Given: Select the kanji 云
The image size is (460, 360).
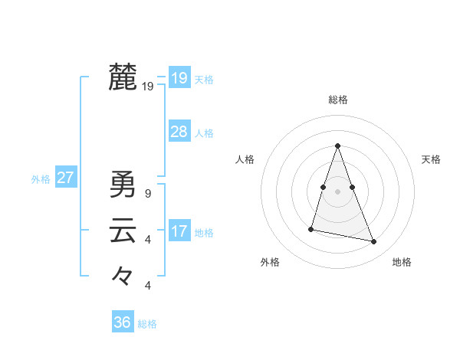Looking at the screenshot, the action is point(123,231).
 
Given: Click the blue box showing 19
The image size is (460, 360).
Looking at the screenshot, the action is point(179,78).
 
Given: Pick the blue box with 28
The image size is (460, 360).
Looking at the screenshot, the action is point(179,132).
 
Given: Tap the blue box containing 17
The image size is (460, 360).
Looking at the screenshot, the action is point(179,231).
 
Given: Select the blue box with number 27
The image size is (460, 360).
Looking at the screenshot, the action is point(65,178).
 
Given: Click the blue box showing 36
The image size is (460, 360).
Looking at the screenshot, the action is point(122,322).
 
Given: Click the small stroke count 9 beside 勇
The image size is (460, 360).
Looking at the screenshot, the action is point(147,194).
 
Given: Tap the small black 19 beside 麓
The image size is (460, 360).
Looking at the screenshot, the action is point(148,87).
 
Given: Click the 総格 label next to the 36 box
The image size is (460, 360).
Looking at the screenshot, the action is point(147,324).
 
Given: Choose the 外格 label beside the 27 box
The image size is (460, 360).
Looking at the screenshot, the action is point(41,179).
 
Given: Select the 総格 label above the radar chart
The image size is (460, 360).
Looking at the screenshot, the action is point(338,100).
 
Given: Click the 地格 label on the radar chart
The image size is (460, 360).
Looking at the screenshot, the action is point(402,262).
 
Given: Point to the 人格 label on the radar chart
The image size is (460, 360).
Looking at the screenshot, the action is point(245,159).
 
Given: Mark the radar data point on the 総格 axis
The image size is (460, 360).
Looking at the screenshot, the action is point(337,146).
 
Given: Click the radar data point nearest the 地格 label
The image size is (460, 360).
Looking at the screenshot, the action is point(374,242).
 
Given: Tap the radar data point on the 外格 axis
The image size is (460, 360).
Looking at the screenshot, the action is point(311,228).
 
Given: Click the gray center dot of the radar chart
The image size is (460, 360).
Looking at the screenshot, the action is point(337,191).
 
